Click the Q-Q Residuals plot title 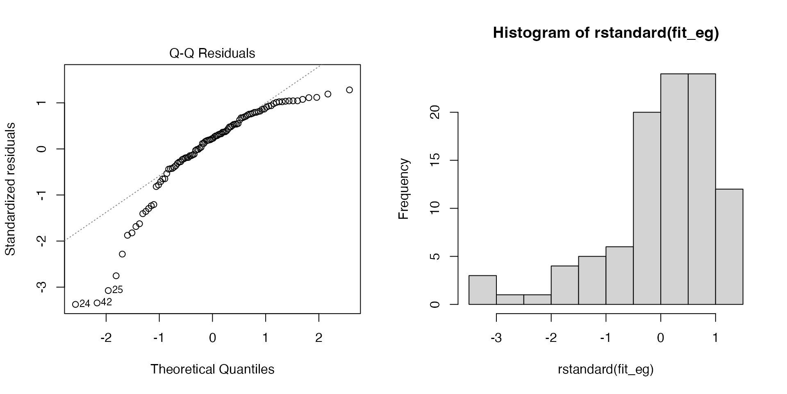tap(212, 53)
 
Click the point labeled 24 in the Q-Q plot tap(75, 304)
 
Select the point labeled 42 tap(97, 303)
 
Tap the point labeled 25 tap(108, 291)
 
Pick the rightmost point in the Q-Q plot tap(349, 90)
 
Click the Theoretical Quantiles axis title tap(212, 369)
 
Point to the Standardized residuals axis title tap(10, 189)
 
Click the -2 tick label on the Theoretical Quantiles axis tap(106, 338)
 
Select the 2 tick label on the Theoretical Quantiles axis tap(318, 338)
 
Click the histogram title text tap(605, 33)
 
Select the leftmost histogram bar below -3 tap(482, 290)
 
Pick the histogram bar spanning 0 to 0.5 tap(674, 189)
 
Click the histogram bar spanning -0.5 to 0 tap(647, 208)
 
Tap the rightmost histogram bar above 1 tap(729, 247)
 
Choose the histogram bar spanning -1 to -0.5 tap(619, 275)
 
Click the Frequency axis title tap(404, 189)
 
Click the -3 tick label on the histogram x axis tap(496, 338)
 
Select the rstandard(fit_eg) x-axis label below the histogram tap(605, 369)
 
